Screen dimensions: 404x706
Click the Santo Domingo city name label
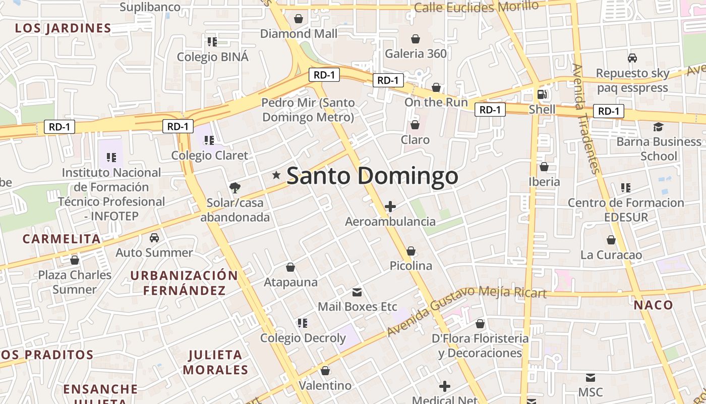pyautogui.click(x=372, y=176)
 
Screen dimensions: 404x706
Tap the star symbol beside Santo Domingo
pyautogui.click(x=276, y=175)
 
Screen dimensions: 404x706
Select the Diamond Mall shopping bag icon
pyautogui.click(x=299, y=19)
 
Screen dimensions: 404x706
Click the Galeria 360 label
pyautogui.click(x=416, y=54)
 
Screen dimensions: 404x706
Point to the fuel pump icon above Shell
pyautogui.click(x=542, y=94)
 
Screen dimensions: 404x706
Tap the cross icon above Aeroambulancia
pyautogui.click(x=390, y=207)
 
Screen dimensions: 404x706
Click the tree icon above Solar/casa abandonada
pyautogui.click(x=234, y=188)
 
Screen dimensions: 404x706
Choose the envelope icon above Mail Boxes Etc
pyautogui.click(x=357, y=292)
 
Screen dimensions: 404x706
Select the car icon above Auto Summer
pyautogui.click(x=154, y=237)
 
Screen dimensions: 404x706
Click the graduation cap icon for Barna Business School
pyautogui.click(x=658, y=127)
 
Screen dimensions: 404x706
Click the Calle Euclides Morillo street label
pyautogui.click(x=476, y=7)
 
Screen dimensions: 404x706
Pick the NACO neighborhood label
pyautogui.click(x=653, y=305)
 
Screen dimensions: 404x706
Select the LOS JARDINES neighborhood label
pyautogui.click(x=63, y=28)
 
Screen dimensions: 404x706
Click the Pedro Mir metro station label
pyautogui.click(x=308, y=110)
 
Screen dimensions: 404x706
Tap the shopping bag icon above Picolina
pyautogui.click(x=411, y=251)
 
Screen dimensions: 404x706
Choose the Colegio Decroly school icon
pyautogui.click(x=303, y=323)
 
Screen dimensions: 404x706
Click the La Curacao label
pyautogui.click(x=611, y=255)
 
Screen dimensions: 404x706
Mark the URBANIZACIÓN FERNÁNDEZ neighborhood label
pyautogui.click(x=184, y=283)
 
